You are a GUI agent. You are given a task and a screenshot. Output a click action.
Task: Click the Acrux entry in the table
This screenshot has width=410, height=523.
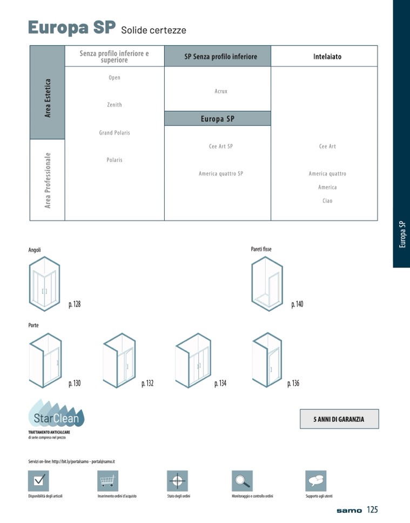click(221, 91)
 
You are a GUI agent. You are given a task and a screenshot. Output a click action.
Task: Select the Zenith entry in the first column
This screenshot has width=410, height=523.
click(115, 105)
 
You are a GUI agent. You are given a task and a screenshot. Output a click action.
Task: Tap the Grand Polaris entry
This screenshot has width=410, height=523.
click(115, 133)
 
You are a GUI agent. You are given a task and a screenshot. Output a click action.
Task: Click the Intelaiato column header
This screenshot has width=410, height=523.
click(327, 57)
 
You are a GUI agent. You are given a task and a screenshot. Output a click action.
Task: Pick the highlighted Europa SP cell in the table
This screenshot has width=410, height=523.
click(218, 119)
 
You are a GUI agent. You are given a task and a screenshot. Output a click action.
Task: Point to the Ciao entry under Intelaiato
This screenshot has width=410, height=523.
click(327, 201)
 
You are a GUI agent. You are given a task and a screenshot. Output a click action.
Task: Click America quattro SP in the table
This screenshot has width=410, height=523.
click(221, 173)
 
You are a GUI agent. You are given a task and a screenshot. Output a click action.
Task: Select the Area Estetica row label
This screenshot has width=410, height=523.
click(48, 98)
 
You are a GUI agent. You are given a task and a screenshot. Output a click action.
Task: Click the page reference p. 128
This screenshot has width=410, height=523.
click(75, 304)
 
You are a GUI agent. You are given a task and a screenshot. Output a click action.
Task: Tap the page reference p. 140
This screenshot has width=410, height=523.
click(297, 304)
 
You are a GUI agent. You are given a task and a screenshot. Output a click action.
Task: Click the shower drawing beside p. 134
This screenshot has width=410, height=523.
click(193, 360)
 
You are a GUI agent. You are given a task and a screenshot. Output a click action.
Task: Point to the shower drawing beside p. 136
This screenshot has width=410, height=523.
click(267, 360)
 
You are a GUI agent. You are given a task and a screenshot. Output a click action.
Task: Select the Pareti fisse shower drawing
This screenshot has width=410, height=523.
click(267, 284)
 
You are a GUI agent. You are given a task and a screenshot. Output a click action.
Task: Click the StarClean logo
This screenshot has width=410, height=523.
click(56, 413)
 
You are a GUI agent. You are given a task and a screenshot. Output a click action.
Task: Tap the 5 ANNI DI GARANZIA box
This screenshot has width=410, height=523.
click(339, 419)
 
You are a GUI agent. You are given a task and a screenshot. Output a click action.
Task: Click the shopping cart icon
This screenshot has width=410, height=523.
click(107, 481)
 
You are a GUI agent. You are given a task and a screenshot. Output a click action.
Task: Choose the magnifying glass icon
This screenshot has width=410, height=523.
click(242, 481)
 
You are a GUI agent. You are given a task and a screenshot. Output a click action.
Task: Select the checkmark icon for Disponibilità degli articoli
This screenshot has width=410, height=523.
click(39, 481)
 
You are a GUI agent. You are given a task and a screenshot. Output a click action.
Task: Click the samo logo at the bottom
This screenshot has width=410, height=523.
click(349, 511)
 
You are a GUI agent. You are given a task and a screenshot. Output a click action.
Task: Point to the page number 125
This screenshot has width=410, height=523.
click(372, 509)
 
